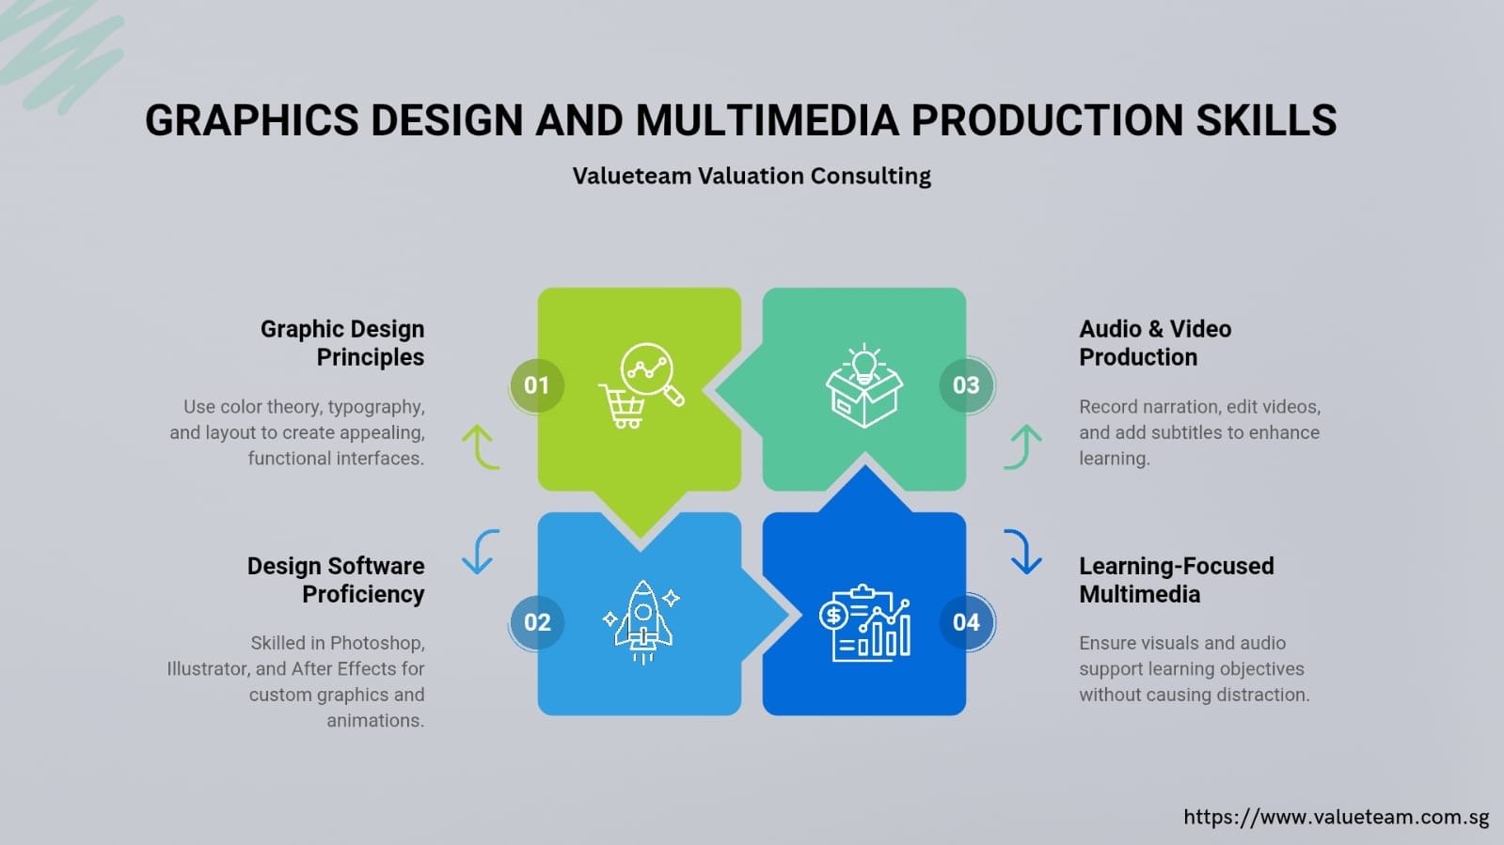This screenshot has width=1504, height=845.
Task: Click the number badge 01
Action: [x=536, y=385]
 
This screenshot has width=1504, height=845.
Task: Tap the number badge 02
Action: [x=536, y=622]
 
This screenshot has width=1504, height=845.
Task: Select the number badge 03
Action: [x=966, y=385]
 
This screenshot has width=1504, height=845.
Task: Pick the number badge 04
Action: [x=966, y=622]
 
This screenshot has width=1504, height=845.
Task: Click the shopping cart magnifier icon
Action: [x=641, y=385]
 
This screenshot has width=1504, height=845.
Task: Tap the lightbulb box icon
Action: [x=864, y=385]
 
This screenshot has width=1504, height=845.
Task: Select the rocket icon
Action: [x=641, y=622]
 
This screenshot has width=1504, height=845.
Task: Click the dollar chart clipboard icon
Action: [x=864, y=623]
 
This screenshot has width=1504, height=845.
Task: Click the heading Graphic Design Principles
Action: [x=342, y=343]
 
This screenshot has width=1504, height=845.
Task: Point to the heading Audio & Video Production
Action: [x=1155, y=343]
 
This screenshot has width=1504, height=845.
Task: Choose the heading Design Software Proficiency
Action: [x=336, y=580]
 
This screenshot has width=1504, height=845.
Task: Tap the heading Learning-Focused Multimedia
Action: [x=1177, y=580]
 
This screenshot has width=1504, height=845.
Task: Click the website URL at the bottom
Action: [x=1337, y=817]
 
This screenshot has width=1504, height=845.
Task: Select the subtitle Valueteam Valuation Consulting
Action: [x=752, y=176]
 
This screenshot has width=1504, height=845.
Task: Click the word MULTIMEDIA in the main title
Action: [x=768, y=120]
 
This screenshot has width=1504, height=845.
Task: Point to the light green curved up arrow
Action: [x=481, y=446]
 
